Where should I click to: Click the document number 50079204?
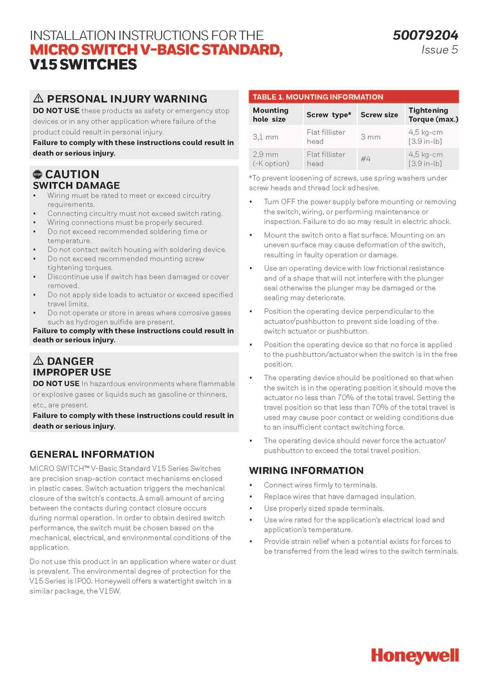coord(425,35)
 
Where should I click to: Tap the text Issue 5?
coord(439,50)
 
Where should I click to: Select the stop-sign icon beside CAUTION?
coord(37,175)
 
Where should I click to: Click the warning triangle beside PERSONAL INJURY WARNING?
coord(38,98)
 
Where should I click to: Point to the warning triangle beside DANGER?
coord(38,361)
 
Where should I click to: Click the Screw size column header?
coord(379,115)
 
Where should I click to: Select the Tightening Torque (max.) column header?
coord(433,115)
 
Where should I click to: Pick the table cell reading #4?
coord(366,159)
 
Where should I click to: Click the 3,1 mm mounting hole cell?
coord(265,137)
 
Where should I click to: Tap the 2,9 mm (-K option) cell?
coord(271,159)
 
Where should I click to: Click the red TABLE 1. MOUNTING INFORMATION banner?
coord(354,97)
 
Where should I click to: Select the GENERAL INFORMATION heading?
coord(92,454)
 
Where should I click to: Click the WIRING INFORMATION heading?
coord(306,470)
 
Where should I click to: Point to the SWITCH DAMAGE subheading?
coord(76,186)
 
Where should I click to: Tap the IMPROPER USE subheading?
coord(72,372)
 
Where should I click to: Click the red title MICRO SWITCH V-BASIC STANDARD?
coord(156,50)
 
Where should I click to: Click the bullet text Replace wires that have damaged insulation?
coord(339,497)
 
